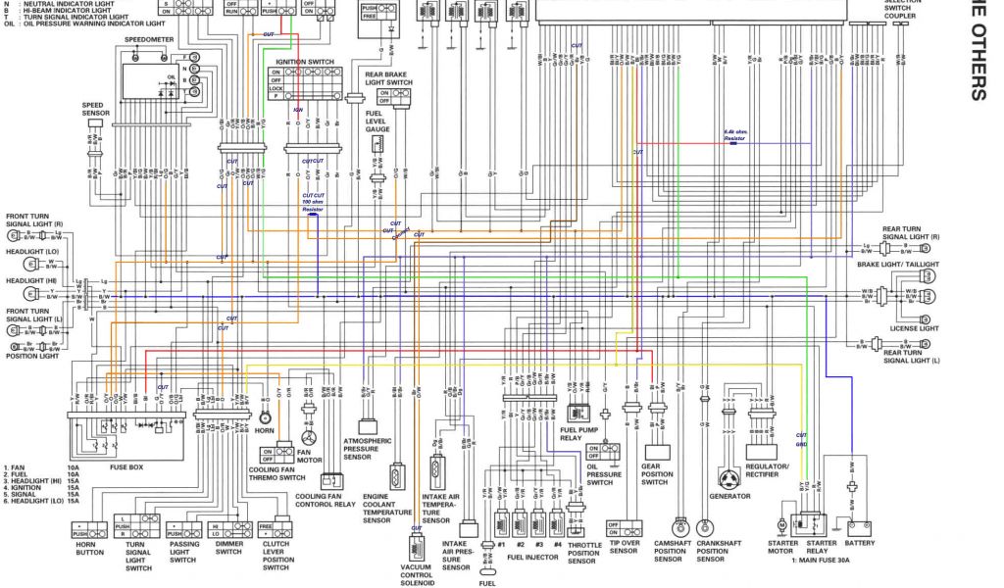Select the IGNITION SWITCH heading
(304, 62)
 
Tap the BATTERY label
(860, 544)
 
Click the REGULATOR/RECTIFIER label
(767, 471)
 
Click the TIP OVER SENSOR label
(624, 548)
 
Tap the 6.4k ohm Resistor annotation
(735, 135)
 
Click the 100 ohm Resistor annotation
(313, 205)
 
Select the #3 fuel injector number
(538, 544)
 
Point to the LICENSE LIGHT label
(914, 328)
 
